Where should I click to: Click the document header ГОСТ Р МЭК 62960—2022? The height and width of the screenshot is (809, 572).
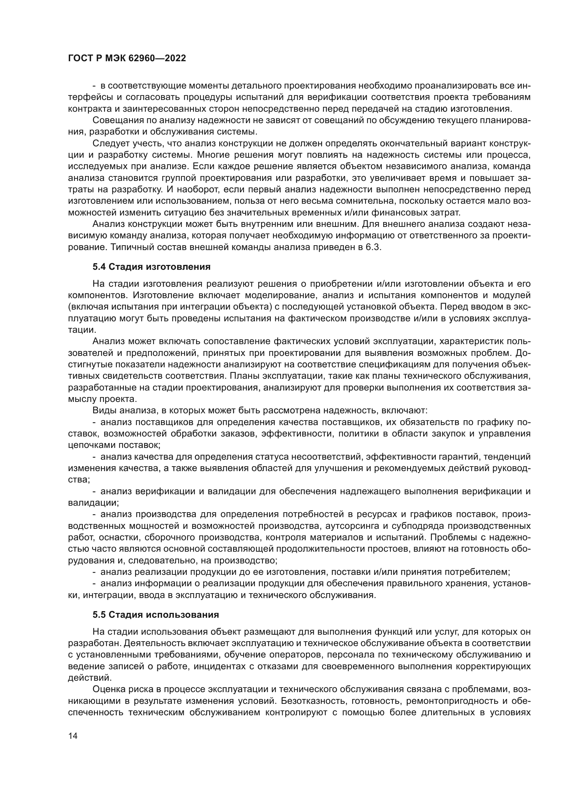pyautogui.click(x=127, y=58)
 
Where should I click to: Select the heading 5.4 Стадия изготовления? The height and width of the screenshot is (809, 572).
pyautogui.click(x=151, y=267)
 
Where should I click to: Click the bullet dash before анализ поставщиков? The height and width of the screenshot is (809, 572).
pyautogui.click(x=94, y=422)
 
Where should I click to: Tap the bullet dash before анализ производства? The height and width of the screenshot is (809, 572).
pyautogui.click(x=94, y=515)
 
